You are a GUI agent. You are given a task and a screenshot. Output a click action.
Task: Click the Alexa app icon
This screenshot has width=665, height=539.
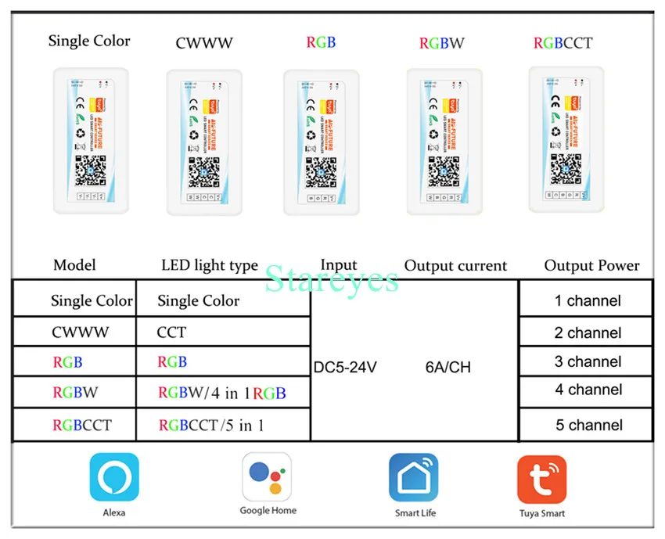coord(114,476)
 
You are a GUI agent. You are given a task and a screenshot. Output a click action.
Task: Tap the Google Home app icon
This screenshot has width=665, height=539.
coord(268,476)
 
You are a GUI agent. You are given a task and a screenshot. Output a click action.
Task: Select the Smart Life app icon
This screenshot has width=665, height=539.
coord(415,477)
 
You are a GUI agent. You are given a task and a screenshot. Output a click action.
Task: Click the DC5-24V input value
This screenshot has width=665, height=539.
coord(345,367)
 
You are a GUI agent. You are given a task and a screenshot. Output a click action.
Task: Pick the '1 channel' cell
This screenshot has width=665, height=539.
coord(587,300)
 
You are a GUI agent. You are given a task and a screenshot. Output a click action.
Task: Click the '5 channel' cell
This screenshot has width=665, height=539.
coord(588,426)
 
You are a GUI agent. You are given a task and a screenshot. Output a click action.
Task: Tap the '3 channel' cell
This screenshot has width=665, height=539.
coord(588,361)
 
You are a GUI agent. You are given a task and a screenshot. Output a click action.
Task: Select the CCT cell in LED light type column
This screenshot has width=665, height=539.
coord(172,332)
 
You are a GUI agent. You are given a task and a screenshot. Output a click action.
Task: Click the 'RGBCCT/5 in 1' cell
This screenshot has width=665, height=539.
coord(210,426)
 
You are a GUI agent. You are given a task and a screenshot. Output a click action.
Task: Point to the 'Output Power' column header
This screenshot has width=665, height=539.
coord(591,266)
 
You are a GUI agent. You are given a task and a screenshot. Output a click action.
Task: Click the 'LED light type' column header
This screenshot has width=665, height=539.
coord(209,266)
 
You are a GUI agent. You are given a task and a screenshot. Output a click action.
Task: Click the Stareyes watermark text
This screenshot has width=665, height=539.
coord(332,278)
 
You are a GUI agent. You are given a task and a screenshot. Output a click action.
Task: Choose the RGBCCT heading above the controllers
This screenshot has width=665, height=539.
coord(563,43)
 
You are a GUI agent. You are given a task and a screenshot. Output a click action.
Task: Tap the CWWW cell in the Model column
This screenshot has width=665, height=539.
coord(80,332)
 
